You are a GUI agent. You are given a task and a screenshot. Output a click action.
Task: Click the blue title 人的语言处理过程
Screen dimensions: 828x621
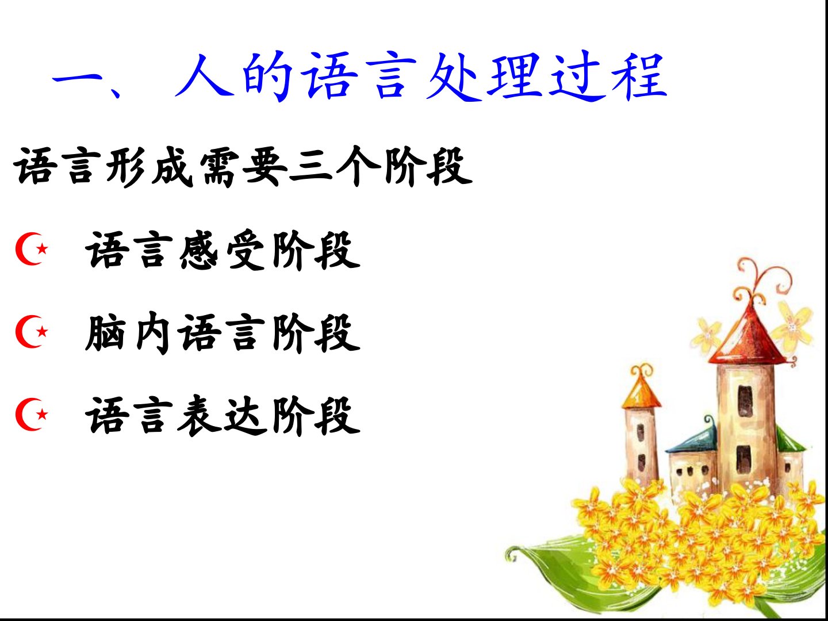pyautogui.click(x=420, y=76)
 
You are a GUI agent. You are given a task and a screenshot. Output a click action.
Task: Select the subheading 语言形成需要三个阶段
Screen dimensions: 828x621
pyautogui.click(x=243, y=167)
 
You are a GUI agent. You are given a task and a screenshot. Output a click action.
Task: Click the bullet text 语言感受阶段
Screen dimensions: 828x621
pyautogui.click(x=223, y=250)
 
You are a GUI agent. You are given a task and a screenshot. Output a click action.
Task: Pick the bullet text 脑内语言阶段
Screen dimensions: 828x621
pyautogui.click(x=223, y=333)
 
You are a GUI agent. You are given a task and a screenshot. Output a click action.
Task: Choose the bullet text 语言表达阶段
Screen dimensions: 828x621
pyautogui.click(x=223, y=416)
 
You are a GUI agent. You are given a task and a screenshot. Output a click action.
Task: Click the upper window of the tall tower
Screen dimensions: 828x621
pyautogui.click(x=745, y=401)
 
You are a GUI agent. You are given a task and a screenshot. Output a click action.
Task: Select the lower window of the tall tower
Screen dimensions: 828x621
pyautogui.click(x=743, y=460)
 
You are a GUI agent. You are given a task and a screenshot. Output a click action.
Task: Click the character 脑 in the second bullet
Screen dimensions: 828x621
pyautogui.click(x=106, y=333)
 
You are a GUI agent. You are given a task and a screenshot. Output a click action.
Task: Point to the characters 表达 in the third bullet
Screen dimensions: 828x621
pyautogui.click(x=223, y=416)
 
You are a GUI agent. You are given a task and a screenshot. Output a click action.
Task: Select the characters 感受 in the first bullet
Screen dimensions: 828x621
pyautogui.click(x=223, y=250)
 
